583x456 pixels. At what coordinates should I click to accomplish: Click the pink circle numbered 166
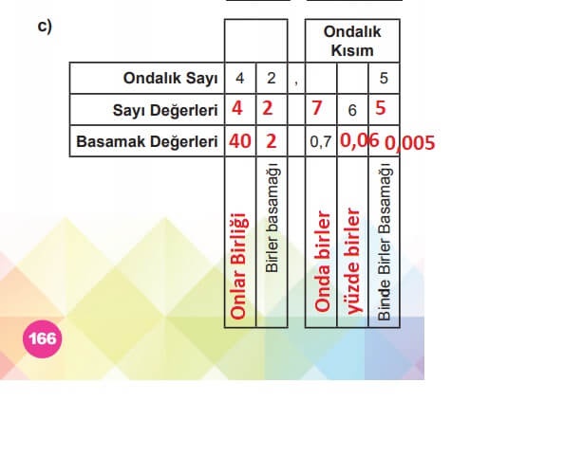43,337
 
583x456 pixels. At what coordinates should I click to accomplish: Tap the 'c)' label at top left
44,26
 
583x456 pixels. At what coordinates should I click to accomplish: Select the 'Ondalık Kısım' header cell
352,41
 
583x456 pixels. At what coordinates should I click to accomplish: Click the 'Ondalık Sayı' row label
171,78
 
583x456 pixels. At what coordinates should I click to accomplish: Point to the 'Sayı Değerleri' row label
165,110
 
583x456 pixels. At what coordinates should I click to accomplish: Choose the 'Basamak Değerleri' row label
149,142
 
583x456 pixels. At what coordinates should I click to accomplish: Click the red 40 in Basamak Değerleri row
239,142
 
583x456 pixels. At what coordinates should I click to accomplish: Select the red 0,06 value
360,141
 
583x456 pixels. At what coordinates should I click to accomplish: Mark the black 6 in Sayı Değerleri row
351,111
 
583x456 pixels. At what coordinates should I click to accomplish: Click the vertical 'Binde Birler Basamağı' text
384,243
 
